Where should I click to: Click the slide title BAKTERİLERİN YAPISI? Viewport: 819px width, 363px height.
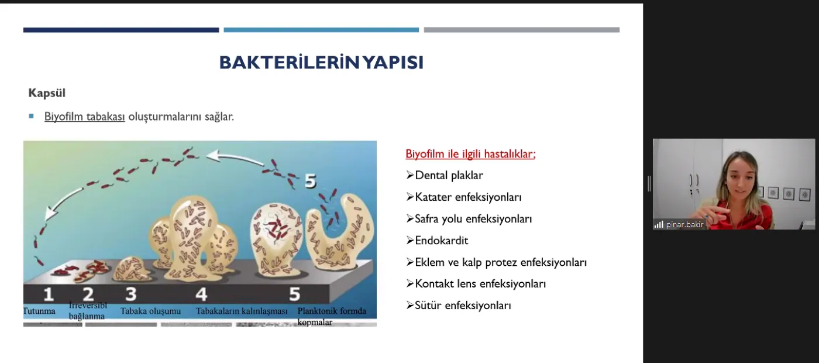coord(321,63)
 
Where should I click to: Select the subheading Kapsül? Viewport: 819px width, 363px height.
coord(47,93)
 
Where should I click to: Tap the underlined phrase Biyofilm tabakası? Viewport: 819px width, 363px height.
coord(84,117)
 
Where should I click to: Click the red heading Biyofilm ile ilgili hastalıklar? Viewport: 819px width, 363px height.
coord(470,153)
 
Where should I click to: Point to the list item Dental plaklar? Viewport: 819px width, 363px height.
coord(449,175)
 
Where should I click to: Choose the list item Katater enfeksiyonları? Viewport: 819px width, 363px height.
coord(468,197)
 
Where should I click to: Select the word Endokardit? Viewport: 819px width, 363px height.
coord(442,241)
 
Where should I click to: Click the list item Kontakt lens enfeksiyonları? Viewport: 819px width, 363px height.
coord(480,283)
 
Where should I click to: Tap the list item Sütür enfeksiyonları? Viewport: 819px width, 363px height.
coord(463,305)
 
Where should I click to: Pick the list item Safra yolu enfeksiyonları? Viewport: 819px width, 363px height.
coord(473,219)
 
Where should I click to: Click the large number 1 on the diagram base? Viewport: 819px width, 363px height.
coord(48,294)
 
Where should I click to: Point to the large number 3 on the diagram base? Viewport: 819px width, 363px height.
coord(131,294)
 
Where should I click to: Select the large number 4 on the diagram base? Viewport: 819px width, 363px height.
coord(201,294)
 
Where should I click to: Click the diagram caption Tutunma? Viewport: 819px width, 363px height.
coord(40,311)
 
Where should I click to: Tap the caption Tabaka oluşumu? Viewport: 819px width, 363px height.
coord(151,311)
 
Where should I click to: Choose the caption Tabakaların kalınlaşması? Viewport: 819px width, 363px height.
coord(241,311)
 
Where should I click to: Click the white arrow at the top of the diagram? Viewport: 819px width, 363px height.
coord(235,157)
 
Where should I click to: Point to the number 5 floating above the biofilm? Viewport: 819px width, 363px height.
coord(310,181)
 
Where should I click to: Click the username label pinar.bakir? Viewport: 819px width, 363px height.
coord(685,224)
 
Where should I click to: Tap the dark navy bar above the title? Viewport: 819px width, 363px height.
coord(121,30)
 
